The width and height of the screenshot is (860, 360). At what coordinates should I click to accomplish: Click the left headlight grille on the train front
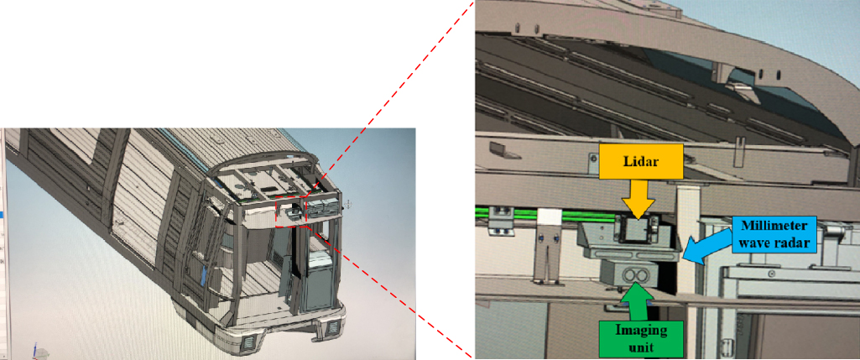click(250, 342)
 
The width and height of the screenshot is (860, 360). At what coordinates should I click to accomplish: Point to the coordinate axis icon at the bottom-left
click(34, 348)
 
